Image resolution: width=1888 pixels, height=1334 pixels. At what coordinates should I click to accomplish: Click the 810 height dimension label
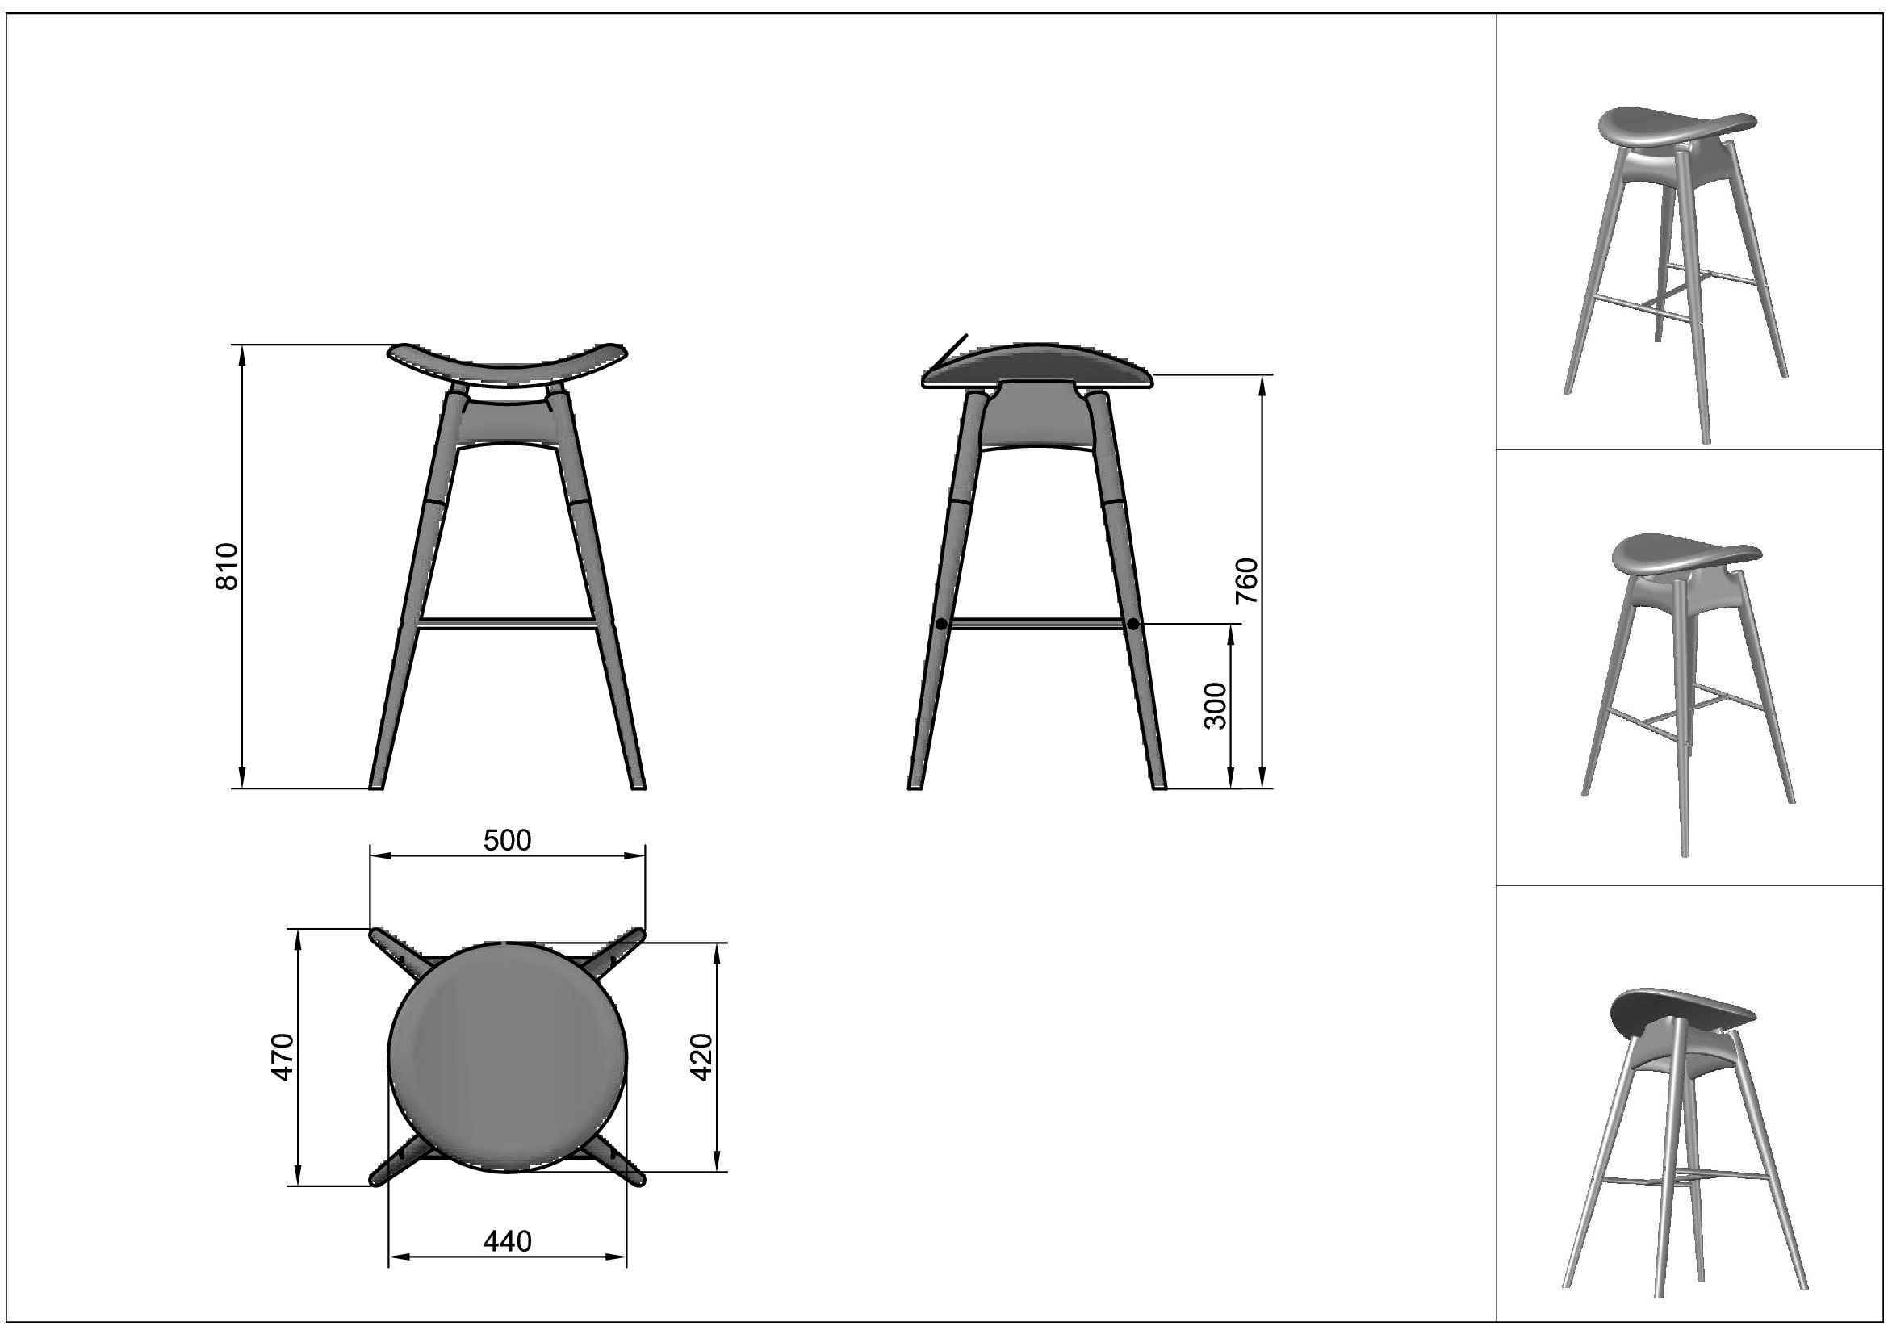tap(226, 567)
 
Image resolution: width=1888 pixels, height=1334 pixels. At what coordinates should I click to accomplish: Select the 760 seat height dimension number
tap(1247, 581)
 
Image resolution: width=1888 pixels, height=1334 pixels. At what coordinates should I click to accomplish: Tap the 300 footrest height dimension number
tap(1215, 706)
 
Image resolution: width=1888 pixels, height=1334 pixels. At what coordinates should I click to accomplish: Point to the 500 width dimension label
tap(508, 840)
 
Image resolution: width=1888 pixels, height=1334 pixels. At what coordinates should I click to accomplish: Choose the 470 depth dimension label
tap(282, 1057)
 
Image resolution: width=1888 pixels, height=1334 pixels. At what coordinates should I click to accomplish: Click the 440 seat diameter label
tap(508, 1241)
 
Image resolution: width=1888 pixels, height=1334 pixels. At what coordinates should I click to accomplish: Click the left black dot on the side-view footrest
tap(941, 625)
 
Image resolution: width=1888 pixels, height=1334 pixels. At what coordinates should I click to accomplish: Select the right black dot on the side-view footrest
tap(1133, 625)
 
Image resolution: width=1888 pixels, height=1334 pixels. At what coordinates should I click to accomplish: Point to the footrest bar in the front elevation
tap(508, 623)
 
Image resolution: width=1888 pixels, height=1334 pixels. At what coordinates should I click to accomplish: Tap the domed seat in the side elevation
tap(1038, 366)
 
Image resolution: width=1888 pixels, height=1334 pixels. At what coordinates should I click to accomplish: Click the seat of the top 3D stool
tap(1677, 130)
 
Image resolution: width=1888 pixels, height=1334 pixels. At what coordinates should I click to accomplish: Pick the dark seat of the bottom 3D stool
tap(1681, 1013)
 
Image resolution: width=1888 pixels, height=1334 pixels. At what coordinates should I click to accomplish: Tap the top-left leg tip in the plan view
tap(375, 933)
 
